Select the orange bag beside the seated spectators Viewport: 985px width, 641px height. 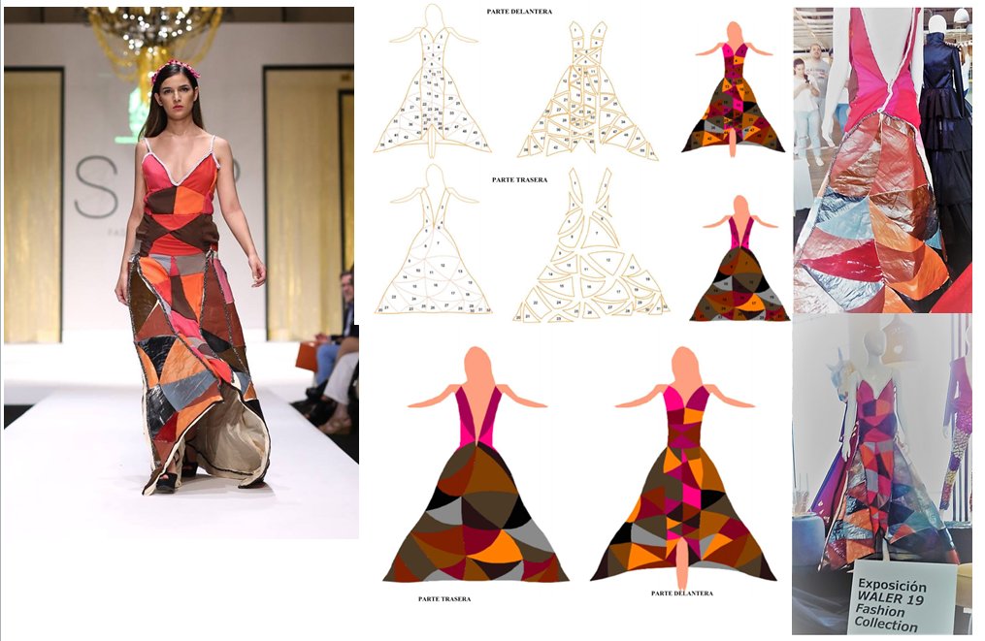point(307,355)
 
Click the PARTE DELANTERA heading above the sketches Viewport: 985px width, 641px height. point(519,11)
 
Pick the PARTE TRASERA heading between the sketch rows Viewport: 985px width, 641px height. point(519,179)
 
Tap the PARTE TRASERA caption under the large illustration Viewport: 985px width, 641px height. point(444,599)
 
